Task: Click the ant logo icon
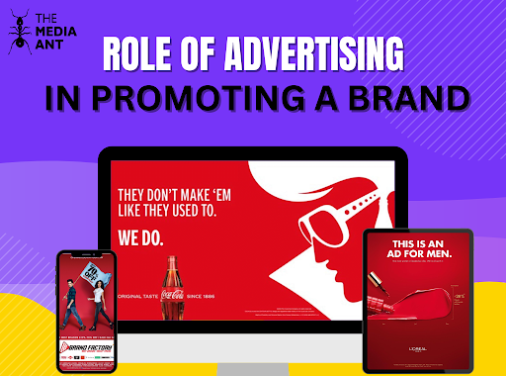pos(21,34)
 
